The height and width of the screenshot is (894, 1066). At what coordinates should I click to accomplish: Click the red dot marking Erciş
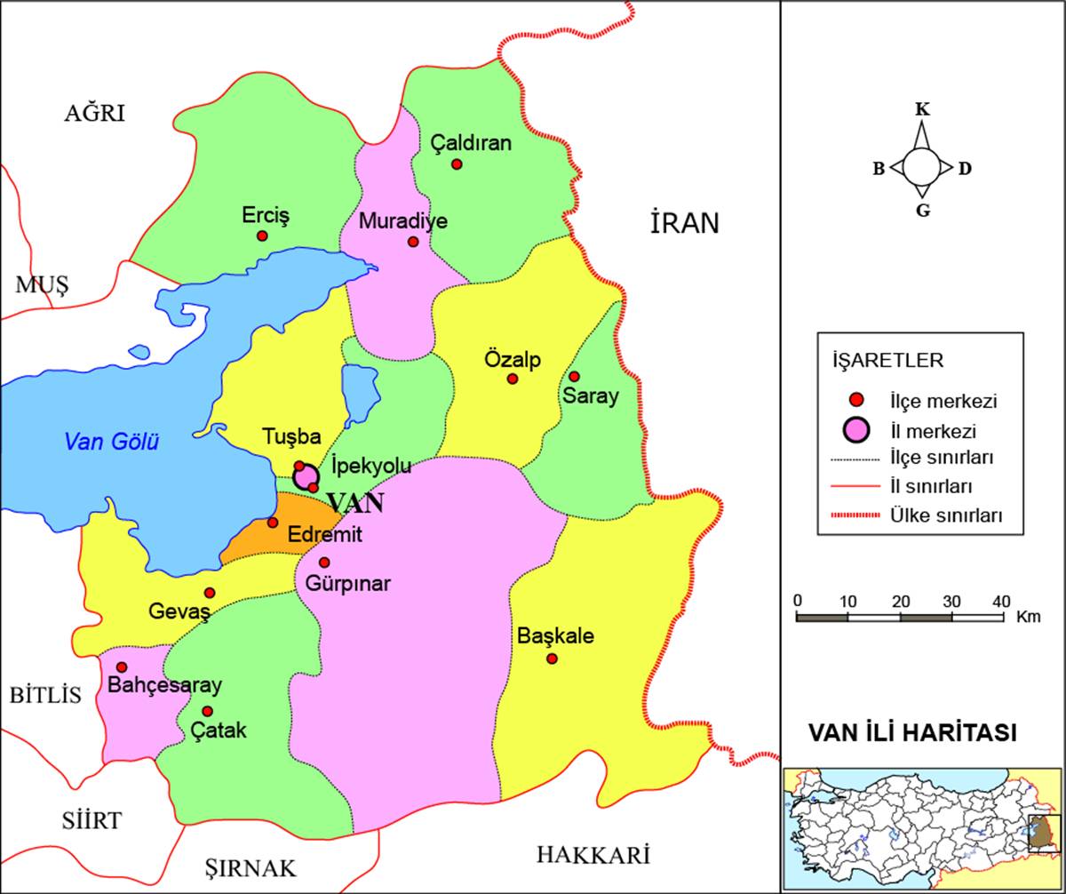[262, 235]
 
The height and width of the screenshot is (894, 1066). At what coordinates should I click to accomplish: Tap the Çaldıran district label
[471, 142]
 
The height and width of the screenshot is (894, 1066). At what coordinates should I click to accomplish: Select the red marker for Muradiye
[413, 242]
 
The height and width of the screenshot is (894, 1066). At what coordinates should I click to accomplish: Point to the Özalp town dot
[513, 379]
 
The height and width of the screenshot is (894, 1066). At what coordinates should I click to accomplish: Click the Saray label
[590, 396]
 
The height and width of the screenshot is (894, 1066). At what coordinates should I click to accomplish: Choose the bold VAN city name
[356, 503]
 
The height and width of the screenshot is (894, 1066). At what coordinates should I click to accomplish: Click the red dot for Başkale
[552, 659]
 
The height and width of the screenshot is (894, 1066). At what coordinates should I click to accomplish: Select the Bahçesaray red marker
[122, 667]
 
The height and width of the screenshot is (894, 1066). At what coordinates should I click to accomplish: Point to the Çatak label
[219, 730]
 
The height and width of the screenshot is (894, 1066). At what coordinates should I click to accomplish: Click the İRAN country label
[684, 224]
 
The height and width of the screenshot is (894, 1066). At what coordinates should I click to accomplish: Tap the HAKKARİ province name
[593, 855]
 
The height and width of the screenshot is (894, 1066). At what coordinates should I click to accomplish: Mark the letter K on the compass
[922, 109]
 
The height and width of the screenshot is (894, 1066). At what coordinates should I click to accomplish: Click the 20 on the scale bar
[901, 601]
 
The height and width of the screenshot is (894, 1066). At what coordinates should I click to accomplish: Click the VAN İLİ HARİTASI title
[912, 733]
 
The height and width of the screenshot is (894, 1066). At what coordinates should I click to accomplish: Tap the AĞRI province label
[95, 113]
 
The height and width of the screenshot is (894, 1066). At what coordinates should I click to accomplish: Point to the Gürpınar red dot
[324, 563]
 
